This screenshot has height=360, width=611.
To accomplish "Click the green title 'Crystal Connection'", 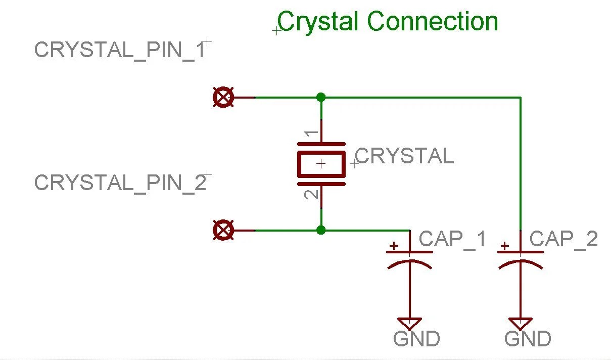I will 388,22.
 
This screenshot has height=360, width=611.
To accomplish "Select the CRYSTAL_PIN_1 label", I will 120,50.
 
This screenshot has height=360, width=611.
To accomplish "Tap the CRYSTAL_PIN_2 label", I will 120,183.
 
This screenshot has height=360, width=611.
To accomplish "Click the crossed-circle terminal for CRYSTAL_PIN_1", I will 223,97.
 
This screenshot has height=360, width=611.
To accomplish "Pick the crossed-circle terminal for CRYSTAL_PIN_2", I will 223,231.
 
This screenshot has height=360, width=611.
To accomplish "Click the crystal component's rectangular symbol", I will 321,163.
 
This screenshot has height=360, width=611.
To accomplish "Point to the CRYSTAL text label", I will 405,156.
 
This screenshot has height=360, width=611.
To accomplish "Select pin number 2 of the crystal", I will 312,193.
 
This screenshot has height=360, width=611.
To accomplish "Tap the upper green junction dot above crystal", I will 320,97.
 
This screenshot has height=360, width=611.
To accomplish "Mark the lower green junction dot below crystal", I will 320,231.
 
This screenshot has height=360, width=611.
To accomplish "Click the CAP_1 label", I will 452,239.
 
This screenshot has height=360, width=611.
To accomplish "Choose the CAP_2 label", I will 563,239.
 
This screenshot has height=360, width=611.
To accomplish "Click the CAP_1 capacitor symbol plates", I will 409,258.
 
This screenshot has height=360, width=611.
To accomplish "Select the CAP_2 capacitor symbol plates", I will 521,258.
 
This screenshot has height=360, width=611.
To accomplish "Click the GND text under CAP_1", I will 416,339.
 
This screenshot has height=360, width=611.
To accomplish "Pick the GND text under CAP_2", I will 528,339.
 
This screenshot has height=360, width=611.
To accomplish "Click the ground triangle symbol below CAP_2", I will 521,323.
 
